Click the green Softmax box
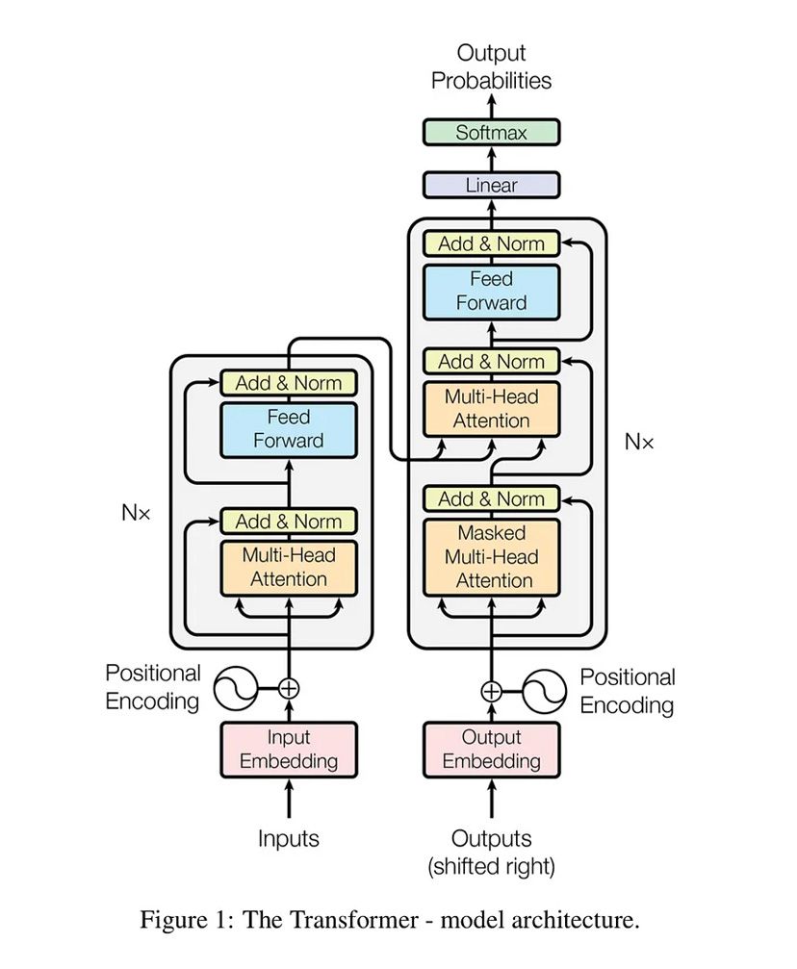pos(491,133)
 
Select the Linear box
pos(491,185)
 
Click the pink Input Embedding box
pos(289,750)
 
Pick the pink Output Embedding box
pos(491,750)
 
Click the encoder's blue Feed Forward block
pos(289,429)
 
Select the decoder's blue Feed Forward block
pos(491,291)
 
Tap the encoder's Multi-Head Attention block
pos(289,568)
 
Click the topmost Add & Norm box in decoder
pos(491,244)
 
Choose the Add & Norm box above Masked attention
pos(491,499)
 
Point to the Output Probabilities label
pos(491,67)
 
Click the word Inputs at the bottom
pos(289,838)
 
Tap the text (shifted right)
pos(491,867)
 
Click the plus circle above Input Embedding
pos(289,688)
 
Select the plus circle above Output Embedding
pos(491,690)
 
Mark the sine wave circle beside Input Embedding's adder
pos(234,688)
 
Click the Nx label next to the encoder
pos(136,513)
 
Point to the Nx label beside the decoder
pos(639,443)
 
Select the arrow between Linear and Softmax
pos(491,159)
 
